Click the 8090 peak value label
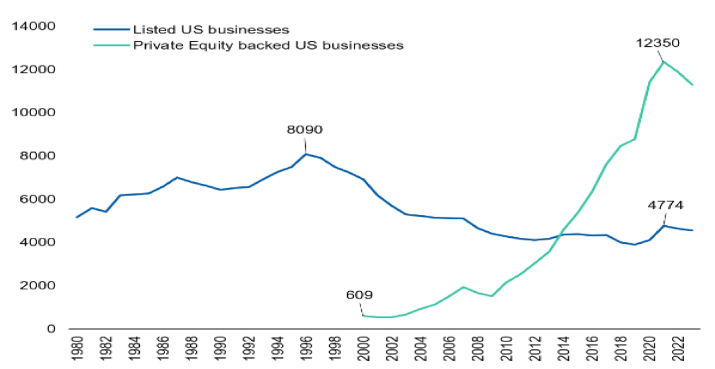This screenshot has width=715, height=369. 305,129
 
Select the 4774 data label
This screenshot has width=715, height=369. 665,205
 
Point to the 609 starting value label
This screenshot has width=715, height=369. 359,295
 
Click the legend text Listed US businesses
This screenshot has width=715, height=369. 211,29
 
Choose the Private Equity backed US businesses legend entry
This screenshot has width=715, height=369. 268,45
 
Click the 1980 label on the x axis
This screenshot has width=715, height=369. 76,349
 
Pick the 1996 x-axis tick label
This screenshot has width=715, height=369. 305,349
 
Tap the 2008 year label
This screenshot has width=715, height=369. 477,349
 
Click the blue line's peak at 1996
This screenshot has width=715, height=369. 305,154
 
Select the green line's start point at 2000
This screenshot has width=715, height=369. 363,315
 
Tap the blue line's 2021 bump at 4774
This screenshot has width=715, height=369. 663,225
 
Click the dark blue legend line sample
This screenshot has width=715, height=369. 111,29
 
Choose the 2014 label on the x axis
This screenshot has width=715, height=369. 563,349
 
